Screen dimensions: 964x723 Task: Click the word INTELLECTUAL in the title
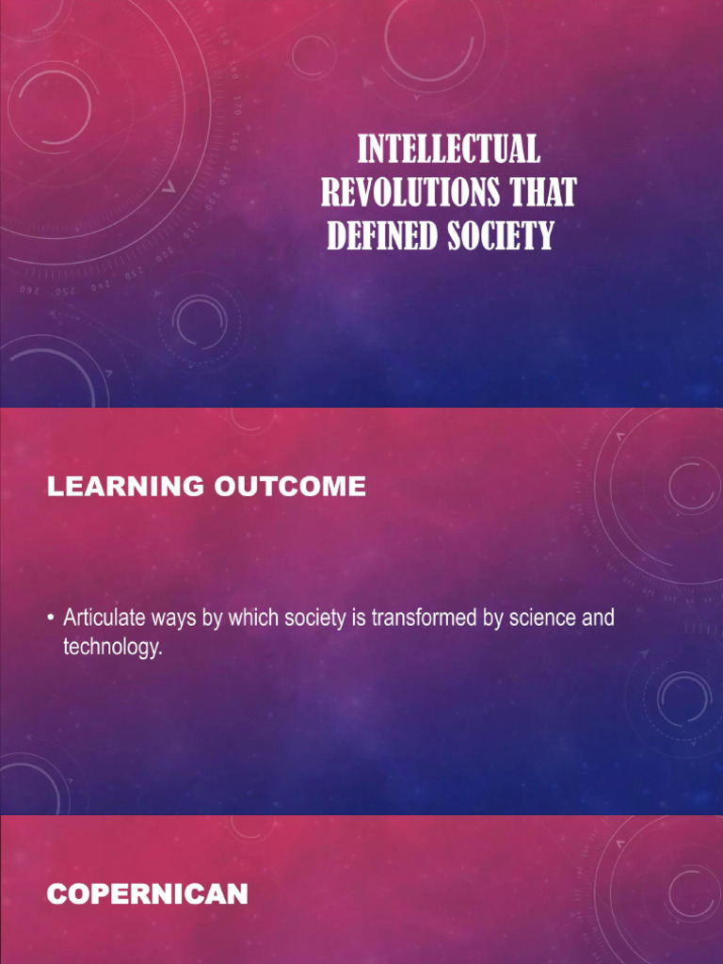pos(449,151)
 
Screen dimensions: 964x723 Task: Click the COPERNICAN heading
pos(148,894)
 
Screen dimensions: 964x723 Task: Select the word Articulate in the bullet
pos(102,619)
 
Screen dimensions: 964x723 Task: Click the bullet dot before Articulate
pos(49,620)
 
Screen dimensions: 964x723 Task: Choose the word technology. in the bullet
pos(106,648)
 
